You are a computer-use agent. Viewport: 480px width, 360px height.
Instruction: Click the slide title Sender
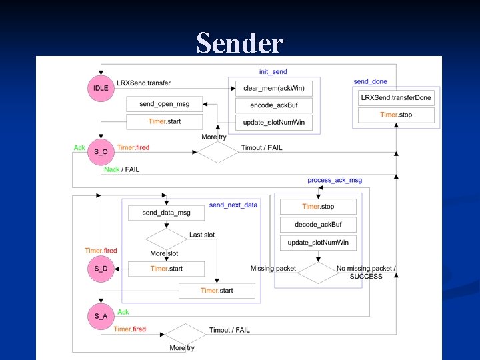239,43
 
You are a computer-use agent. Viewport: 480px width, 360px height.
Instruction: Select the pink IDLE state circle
101,87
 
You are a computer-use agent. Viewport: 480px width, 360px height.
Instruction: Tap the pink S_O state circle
101,152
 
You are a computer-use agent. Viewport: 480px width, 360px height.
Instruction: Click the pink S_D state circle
101,269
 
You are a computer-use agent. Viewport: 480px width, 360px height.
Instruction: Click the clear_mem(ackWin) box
273,88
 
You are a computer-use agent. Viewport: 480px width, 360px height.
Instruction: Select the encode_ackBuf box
273,105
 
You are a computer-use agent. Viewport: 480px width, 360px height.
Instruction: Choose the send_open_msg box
164,104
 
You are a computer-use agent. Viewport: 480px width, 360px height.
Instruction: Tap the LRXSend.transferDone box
396,98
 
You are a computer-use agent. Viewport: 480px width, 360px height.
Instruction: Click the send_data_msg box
166,213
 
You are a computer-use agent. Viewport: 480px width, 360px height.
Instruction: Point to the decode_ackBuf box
318,225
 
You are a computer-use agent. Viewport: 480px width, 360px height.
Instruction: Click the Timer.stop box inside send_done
396,115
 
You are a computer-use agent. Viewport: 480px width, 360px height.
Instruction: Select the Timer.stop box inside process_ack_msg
318,207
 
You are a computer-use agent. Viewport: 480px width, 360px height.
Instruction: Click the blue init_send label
273,71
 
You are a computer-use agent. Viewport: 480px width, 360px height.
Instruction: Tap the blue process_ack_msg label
335,180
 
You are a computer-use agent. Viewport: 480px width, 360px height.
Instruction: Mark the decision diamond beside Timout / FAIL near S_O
217,152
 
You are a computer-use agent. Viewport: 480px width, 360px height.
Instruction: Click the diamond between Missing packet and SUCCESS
317,272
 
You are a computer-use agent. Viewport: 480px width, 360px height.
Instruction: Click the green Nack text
111,169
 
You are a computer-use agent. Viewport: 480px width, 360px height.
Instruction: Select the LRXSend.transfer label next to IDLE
143,83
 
